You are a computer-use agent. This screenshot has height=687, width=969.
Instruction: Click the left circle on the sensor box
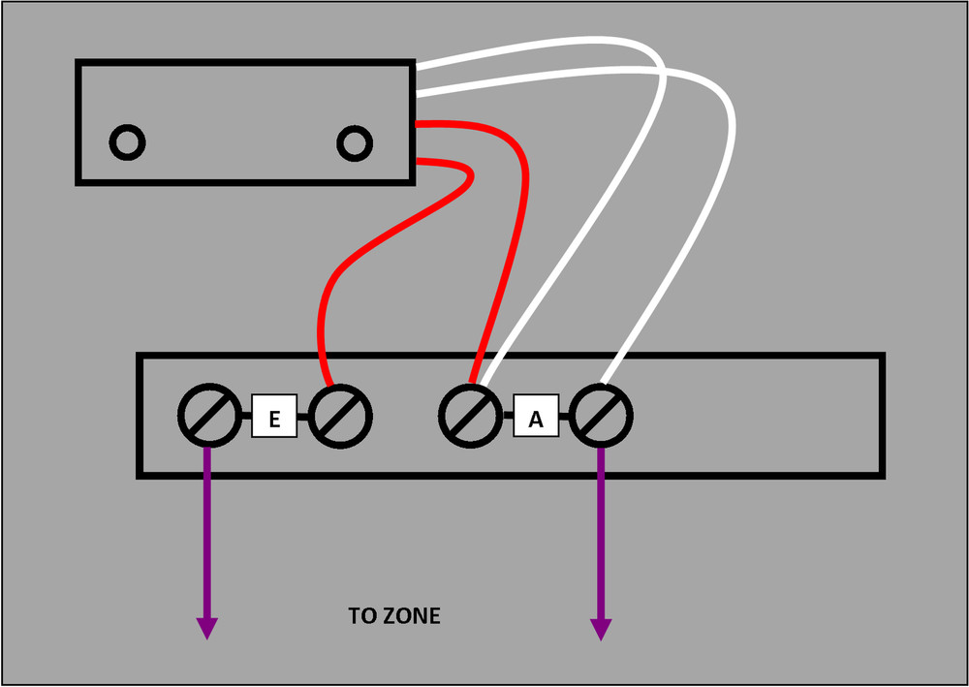pos(127,143)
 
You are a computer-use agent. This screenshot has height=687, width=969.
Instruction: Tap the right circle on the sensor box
pos(355,143)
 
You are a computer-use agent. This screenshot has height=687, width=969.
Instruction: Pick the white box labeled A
pos(536,418)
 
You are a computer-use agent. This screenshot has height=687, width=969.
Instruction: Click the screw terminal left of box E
pos(208,417)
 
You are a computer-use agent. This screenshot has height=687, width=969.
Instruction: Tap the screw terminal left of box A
pos(470,417)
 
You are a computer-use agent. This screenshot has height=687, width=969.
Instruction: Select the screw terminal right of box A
pos(602,417)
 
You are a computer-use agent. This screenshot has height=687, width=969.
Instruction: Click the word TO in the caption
pos(362,615)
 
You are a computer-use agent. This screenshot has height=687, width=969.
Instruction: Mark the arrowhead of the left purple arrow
pos(206,628)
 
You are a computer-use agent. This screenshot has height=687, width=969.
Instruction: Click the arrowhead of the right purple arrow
pos(601,628)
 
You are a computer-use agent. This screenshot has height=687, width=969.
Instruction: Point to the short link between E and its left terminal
pos(244,417)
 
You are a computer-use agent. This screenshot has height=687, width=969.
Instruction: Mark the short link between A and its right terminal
pos(566,418)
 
